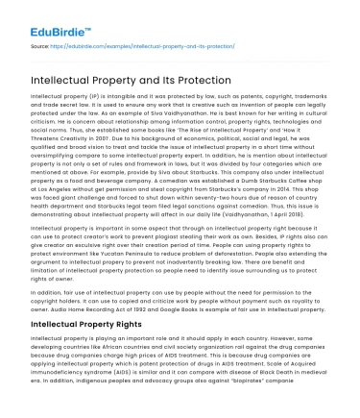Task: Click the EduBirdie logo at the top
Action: pyautogui.click(x=43, y=15)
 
